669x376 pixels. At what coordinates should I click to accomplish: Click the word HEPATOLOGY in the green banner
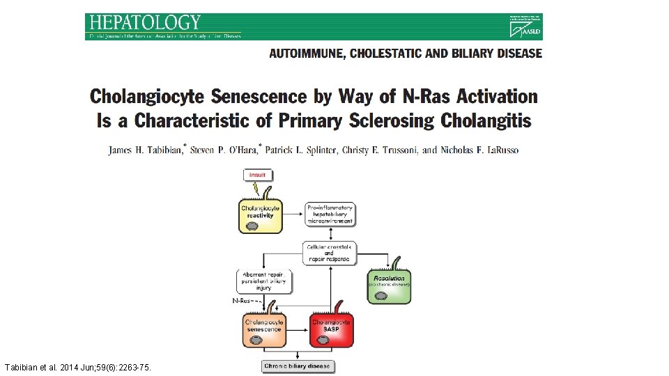[x=145, y=23]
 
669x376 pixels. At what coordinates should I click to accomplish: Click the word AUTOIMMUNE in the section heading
[x=305, y=54]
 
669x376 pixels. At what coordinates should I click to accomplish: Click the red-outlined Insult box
[x=257, y=174]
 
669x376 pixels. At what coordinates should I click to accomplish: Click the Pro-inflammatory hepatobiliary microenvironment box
[x=330, y=214]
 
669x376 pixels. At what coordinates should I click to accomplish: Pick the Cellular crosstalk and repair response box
[x=330, y=253]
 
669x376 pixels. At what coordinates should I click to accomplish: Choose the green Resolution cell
[x=390, y=284]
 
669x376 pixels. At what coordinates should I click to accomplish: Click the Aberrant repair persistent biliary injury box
[x=264, y=281]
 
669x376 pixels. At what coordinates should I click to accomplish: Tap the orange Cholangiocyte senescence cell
[x=263, y=329]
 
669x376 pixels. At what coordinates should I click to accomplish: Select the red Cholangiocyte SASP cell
[x=332, y=329]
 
